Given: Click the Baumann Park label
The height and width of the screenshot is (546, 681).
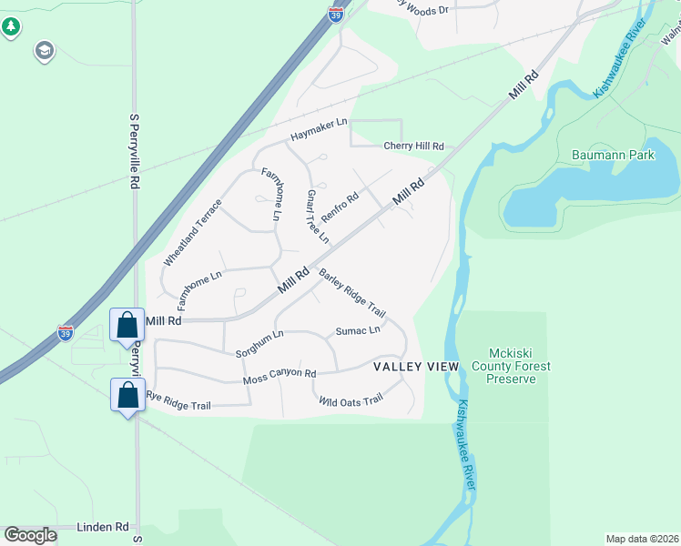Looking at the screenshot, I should point(613,156).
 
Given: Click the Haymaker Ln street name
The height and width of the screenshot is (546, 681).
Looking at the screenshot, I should point(319,129).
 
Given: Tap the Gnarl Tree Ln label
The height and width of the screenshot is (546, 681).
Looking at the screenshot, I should point(317,217).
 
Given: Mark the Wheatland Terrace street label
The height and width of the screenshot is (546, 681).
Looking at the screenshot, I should point(192,233).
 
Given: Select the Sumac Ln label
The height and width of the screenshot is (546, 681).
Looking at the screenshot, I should point(358,330).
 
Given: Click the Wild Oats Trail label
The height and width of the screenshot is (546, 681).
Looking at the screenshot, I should point(351,400).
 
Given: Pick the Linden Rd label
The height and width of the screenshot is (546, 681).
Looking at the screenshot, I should point(103,527).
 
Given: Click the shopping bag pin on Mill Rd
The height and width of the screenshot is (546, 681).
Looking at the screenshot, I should point(126,324).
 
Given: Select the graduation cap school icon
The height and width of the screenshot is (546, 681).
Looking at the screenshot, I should point(43,51).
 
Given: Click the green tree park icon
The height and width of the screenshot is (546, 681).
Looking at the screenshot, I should point(11,27).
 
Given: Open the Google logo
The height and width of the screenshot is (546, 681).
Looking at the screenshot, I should point(30,535).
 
